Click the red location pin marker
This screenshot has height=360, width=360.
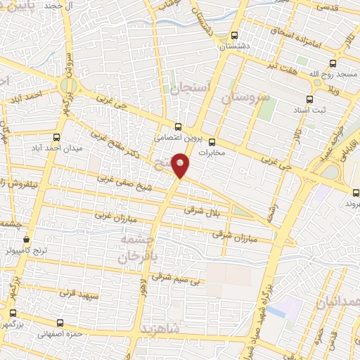point(181,165)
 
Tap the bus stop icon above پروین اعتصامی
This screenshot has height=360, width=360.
point(177,127)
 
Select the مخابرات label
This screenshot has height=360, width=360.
point(215,152)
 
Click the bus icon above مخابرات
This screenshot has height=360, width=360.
point(221,141)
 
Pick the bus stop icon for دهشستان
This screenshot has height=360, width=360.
point(235,36)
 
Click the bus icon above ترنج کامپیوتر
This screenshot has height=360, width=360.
point(27,238)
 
